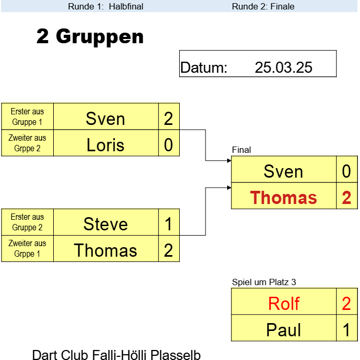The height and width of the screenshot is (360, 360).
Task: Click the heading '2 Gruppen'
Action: coord(90,36)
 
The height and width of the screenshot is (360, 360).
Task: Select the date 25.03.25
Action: coord(284,67)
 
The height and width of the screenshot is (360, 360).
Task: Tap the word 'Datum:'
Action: coord(204,67)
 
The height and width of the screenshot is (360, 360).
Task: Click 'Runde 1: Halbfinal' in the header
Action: coord(105,6)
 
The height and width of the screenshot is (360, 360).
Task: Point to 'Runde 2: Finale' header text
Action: coord(263,6)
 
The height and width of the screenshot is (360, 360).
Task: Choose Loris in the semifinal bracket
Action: coord(105,145)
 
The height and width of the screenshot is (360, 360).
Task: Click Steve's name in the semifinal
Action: coord(105,224)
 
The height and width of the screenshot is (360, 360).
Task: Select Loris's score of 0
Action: coord(168,145)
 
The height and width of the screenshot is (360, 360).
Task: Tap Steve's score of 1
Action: coord(168,224)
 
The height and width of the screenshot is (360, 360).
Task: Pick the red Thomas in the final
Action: coord(284,198)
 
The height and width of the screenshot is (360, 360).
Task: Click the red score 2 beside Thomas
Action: coord(346,198)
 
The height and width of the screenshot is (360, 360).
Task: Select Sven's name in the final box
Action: coord(284,171)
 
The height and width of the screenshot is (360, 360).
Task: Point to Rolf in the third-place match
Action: coord(284,304)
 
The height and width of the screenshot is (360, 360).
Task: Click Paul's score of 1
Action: coord(346,330)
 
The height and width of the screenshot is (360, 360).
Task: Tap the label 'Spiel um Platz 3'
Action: coord(264,282)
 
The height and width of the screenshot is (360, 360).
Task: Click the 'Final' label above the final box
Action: coord(241,150)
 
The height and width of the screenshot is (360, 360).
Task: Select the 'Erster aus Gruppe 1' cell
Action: coord(27,116)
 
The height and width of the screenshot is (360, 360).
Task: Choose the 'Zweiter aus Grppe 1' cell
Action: coord(27,248)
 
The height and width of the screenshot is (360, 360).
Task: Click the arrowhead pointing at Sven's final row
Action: coord(229,160)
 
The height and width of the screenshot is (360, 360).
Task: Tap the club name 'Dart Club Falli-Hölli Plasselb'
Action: coord(116,355)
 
